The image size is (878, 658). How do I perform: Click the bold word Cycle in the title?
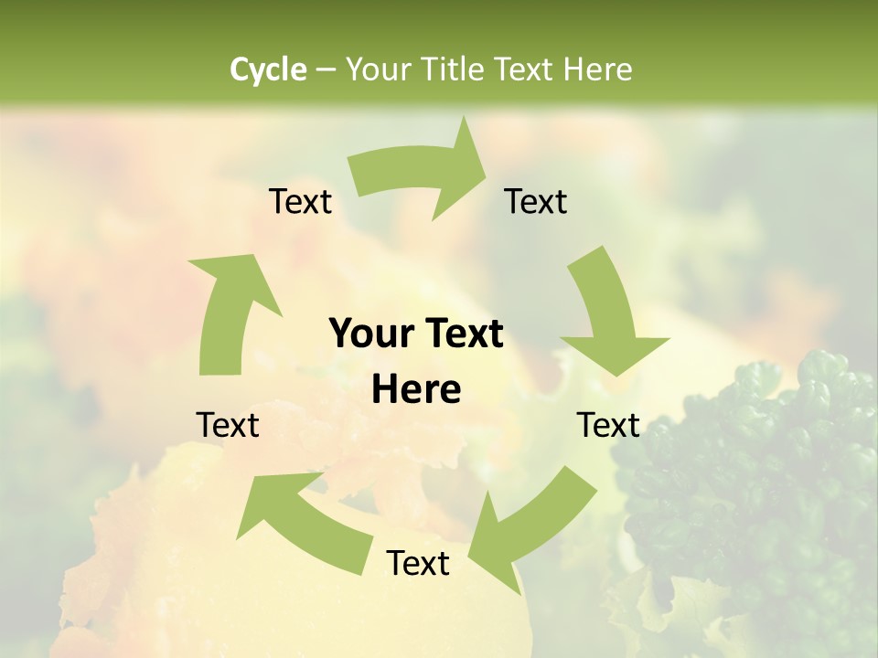(x=268, y=69)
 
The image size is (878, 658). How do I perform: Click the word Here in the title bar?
(x=596, y=69)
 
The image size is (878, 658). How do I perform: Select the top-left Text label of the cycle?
(x=300, y=201)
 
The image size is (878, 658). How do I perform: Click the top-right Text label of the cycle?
(x=536, y=201)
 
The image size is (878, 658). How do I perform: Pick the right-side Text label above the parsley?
(x=608, y=425)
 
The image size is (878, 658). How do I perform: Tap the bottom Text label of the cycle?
(x=418, y=563)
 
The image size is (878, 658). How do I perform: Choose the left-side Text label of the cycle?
(x=228, y=425)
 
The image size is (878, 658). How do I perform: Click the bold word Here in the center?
(x=416, y=390)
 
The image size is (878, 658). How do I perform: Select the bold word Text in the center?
(x=462, y=334)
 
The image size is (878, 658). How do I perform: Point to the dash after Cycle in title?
(x=326, y=69)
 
